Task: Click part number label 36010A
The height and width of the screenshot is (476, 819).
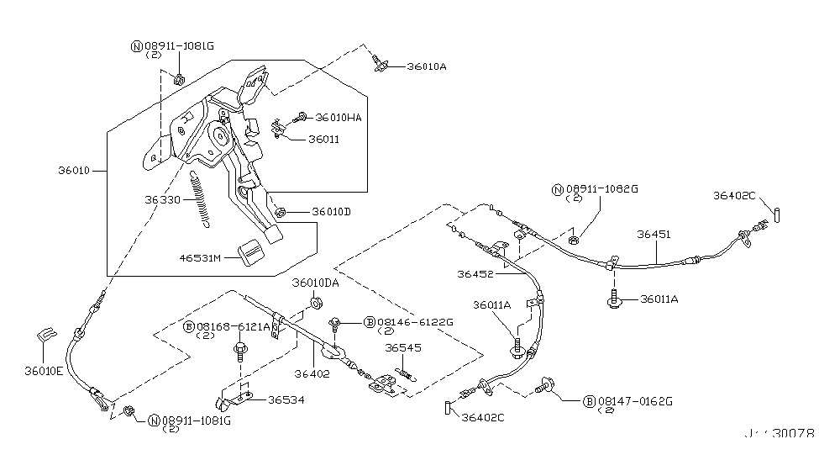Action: (x=427, y=66)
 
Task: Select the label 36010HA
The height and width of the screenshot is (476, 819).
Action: (x=339, y=118)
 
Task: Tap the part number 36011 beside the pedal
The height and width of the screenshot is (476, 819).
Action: (x=324, y=140)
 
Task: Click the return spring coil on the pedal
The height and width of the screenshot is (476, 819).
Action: (x=202, y=200)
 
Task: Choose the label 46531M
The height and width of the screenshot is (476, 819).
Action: (x=199, y=257)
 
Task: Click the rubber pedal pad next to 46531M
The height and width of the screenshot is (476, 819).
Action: (x=251, y=252)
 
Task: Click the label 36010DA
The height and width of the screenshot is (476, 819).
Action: (x=315, y=283)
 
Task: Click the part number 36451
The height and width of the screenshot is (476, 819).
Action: (x=654, y=235)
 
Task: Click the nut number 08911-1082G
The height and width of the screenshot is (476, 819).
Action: (x=601, y=189)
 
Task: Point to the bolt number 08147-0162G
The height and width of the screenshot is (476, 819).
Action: (x=633, y=401)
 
